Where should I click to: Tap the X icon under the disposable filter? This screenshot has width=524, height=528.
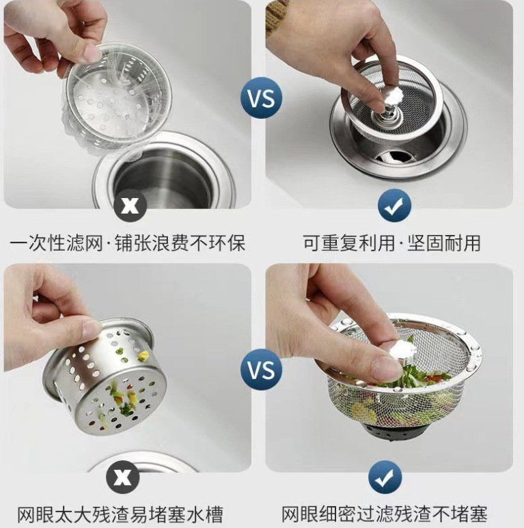(129, 205)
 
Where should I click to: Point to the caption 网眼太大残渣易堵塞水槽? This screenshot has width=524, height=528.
(120, 514)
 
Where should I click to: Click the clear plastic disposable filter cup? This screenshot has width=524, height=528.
(113, 96)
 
